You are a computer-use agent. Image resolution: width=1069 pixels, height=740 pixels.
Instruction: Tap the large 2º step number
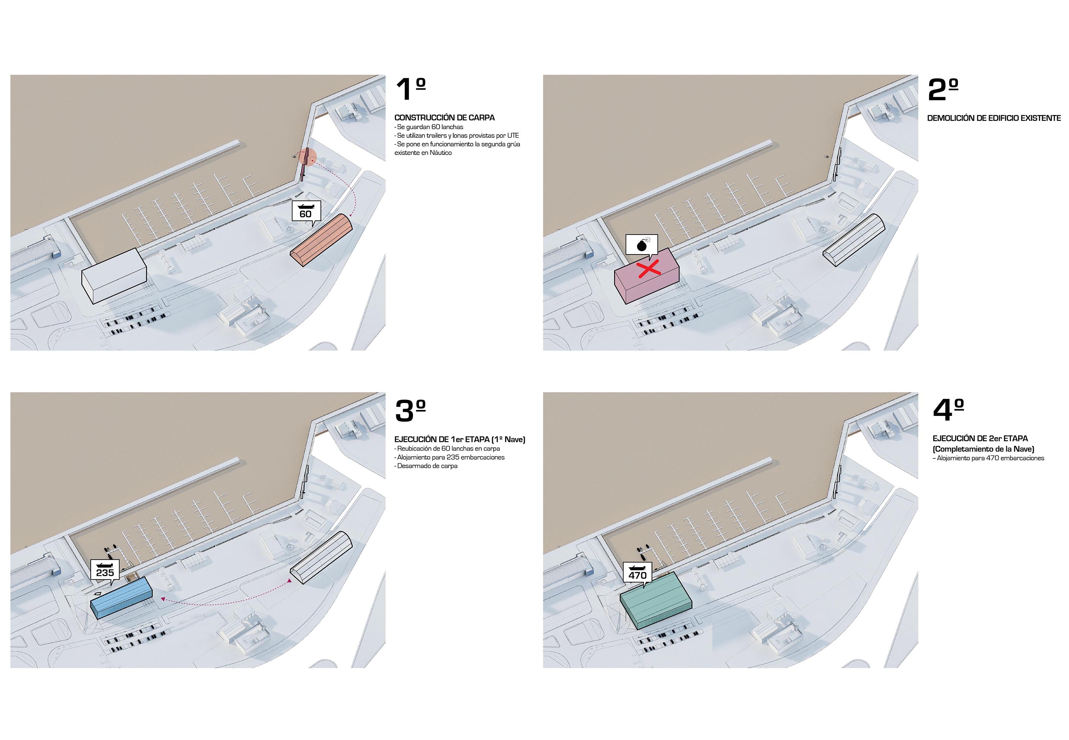coord(942,90)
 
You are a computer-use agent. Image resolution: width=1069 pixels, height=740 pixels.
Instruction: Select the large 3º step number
coord(410,410)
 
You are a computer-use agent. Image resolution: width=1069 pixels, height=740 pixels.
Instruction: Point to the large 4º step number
coord(948,410)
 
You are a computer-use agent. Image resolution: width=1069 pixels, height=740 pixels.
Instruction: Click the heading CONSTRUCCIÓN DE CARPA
coord(444,118)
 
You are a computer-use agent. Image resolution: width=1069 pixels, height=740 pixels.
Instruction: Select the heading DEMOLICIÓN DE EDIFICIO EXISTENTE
coord(994,118)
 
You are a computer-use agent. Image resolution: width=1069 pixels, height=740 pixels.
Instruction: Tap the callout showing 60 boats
coord(306,213)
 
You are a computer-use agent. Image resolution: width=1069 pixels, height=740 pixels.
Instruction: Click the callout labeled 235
coord(105,571)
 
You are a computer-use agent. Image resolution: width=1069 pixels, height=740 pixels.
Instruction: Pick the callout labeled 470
coord(638,573)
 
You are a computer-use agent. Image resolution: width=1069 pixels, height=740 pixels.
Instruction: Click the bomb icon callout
coord(642,245)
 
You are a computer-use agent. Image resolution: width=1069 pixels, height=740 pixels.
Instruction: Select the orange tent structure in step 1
coord(321,240)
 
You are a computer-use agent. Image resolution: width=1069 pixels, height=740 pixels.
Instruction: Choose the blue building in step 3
coord(121,598)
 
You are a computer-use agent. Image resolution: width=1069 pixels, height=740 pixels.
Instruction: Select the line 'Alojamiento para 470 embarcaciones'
coord(988,458)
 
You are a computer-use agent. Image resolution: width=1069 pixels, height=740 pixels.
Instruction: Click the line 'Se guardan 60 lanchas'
coord(429,127)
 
